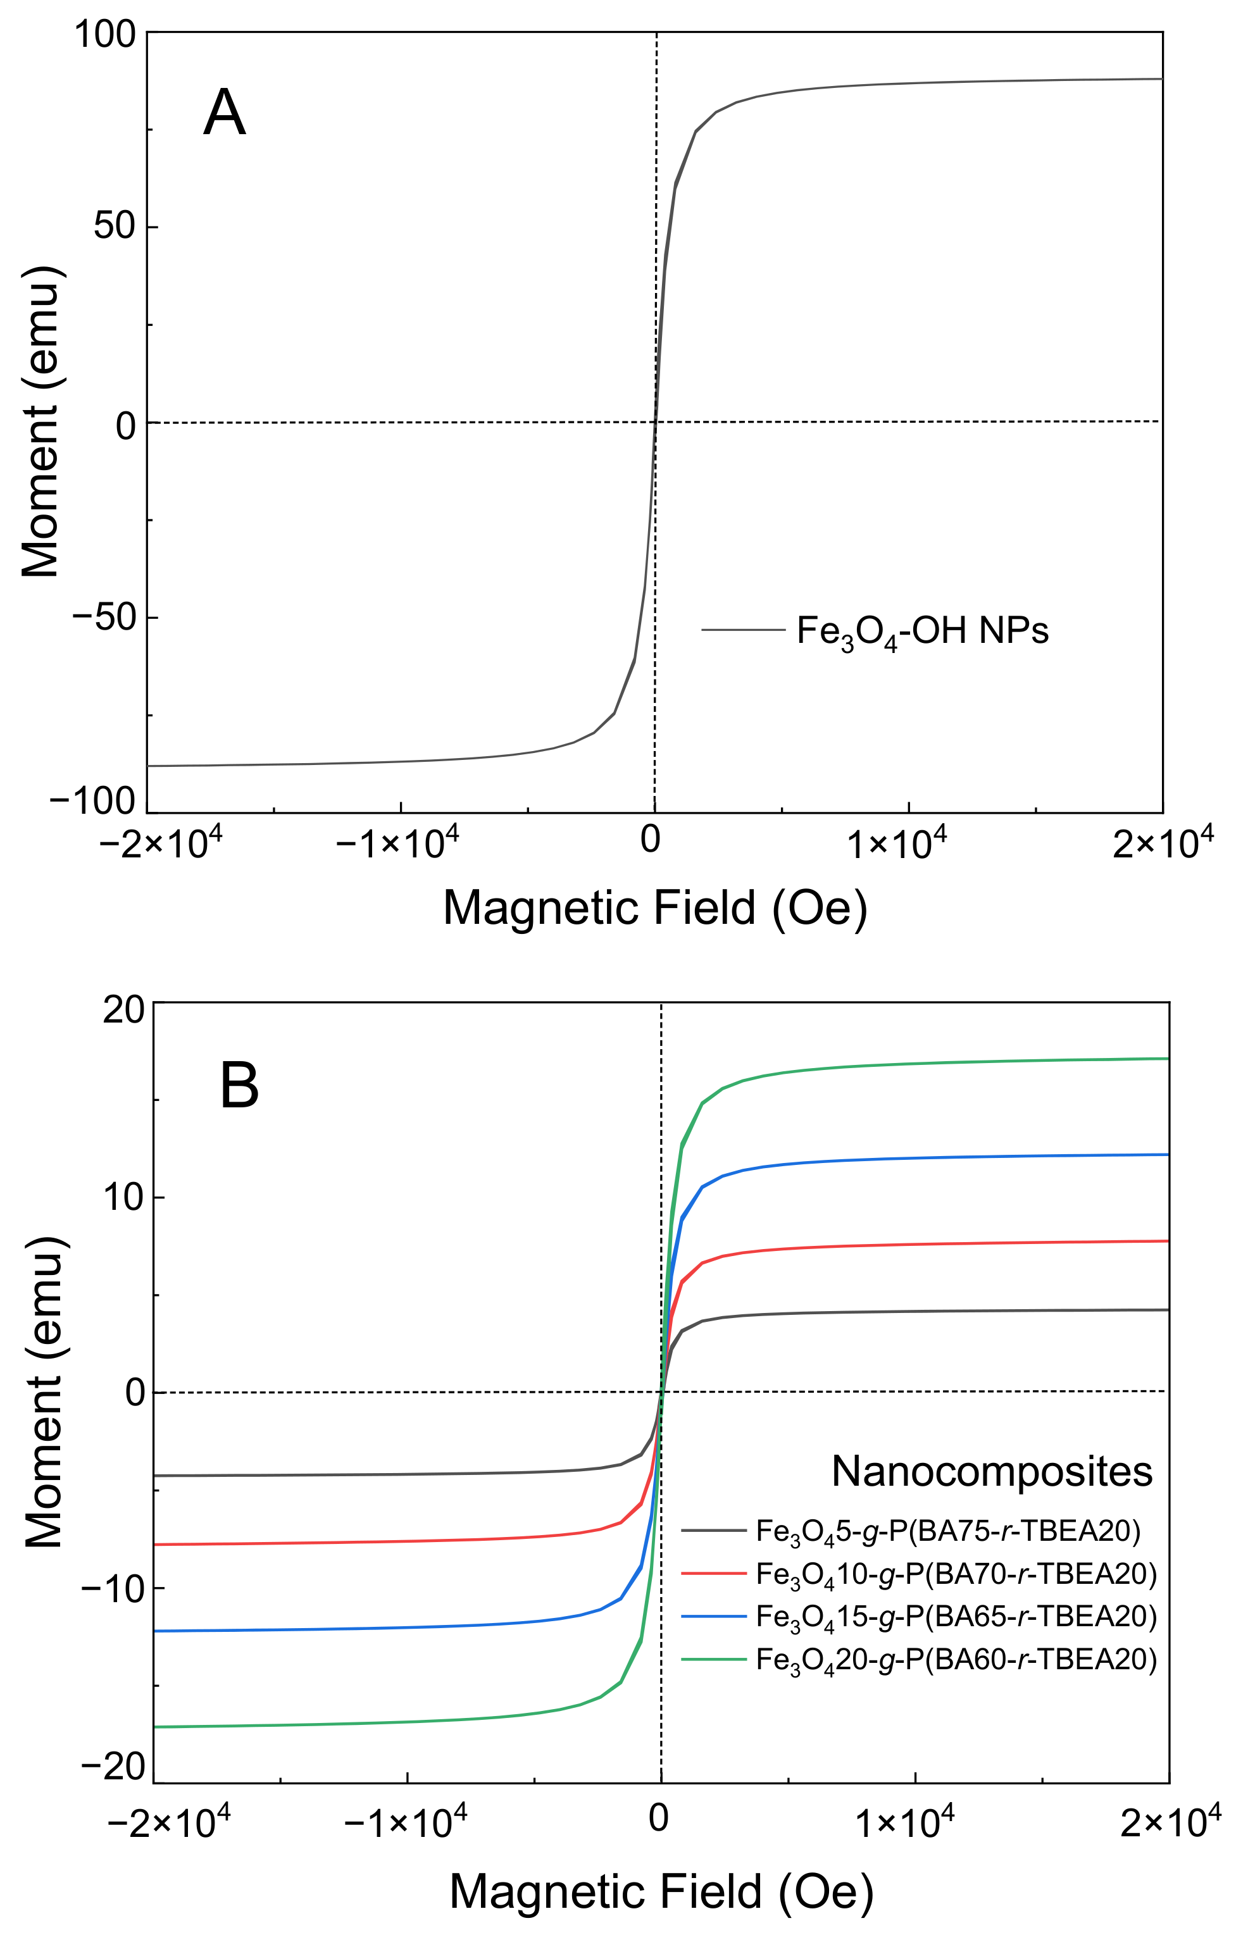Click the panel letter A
coord(223,113)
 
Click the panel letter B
coord(239,1086)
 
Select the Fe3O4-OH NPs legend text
coord(921,632)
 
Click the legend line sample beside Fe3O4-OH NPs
coord(742,630)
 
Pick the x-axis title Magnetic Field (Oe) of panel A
coord(655,908)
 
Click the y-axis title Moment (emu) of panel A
coord(40,423)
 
